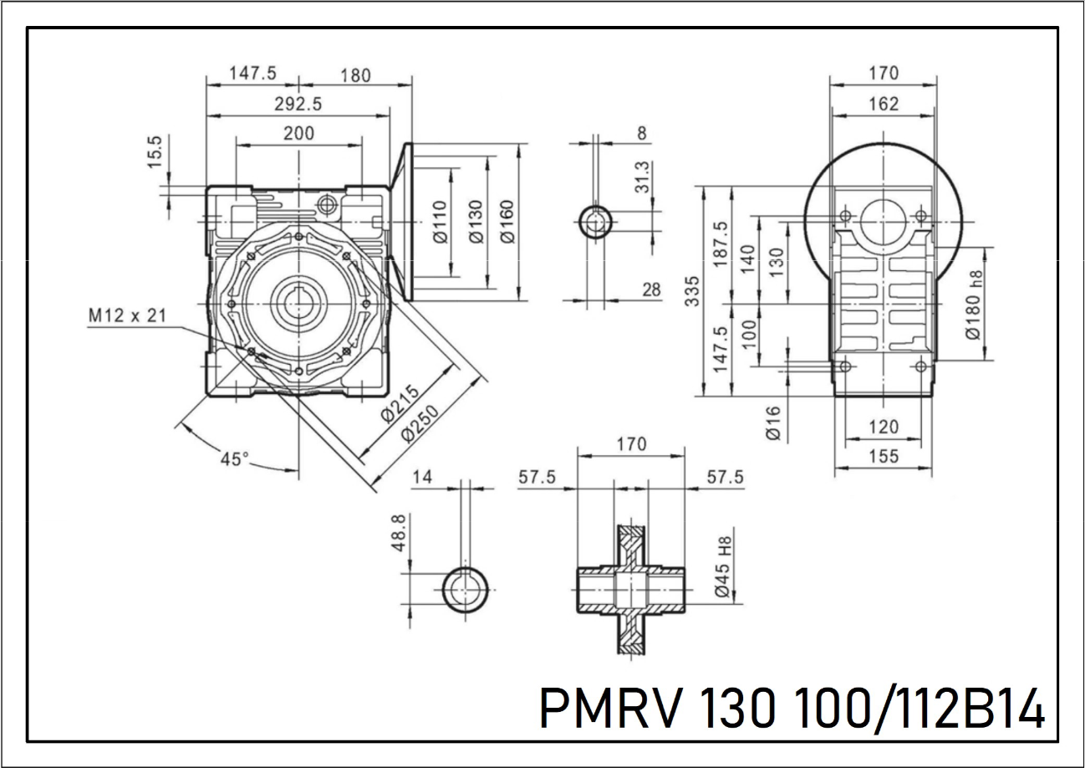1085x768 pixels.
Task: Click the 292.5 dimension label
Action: click(298, 104)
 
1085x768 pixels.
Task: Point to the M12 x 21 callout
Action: click(127, 315)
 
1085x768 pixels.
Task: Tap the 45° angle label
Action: click(235, 458)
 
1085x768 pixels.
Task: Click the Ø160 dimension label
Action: click(507, 222)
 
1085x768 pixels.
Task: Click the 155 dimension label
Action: click(883, 456)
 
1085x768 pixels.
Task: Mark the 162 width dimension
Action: click(883, 104)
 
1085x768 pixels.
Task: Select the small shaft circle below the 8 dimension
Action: click(595, 223)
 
